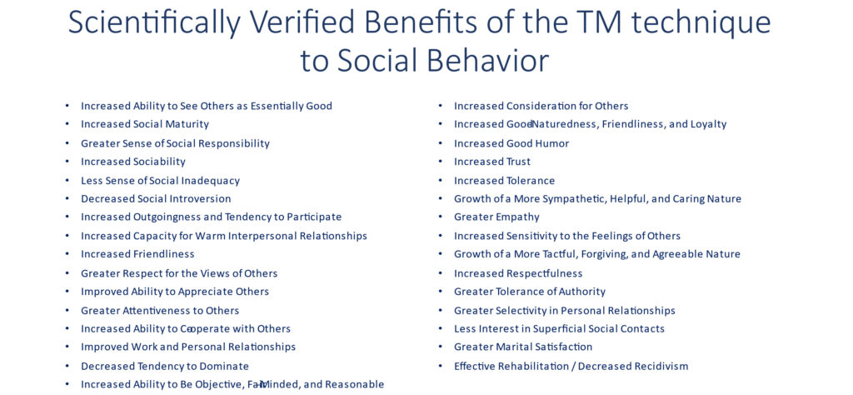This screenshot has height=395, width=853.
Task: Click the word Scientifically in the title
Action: (x=154, y=23)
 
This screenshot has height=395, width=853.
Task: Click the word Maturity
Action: (x=187, y=124)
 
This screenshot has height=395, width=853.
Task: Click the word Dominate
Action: (x=227, y=366)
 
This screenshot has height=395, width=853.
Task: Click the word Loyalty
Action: (x=708, y=125)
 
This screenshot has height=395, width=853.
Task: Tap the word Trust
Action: (x=518, y=162)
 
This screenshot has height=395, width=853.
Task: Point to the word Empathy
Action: (x=517, y=217)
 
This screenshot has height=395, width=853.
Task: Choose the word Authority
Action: (x=582, y=292)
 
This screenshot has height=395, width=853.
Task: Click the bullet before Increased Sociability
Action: (x=67, y=162)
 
